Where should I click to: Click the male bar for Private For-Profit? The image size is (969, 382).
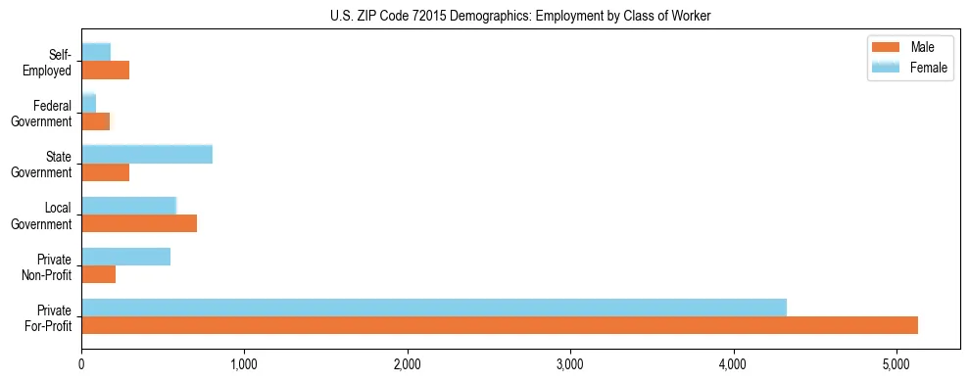click(x=500, y=325)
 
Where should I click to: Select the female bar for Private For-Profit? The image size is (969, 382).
click(x=434, y=308)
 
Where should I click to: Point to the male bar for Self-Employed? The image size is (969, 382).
click(x=106, y=71)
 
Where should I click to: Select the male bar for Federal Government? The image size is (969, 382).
click(x=96, y=121)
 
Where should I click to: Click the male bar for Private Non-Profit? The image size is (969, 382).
click(x=99, y=274)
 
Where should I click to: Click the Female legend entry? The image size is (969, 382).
click(x=927, y=67)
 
